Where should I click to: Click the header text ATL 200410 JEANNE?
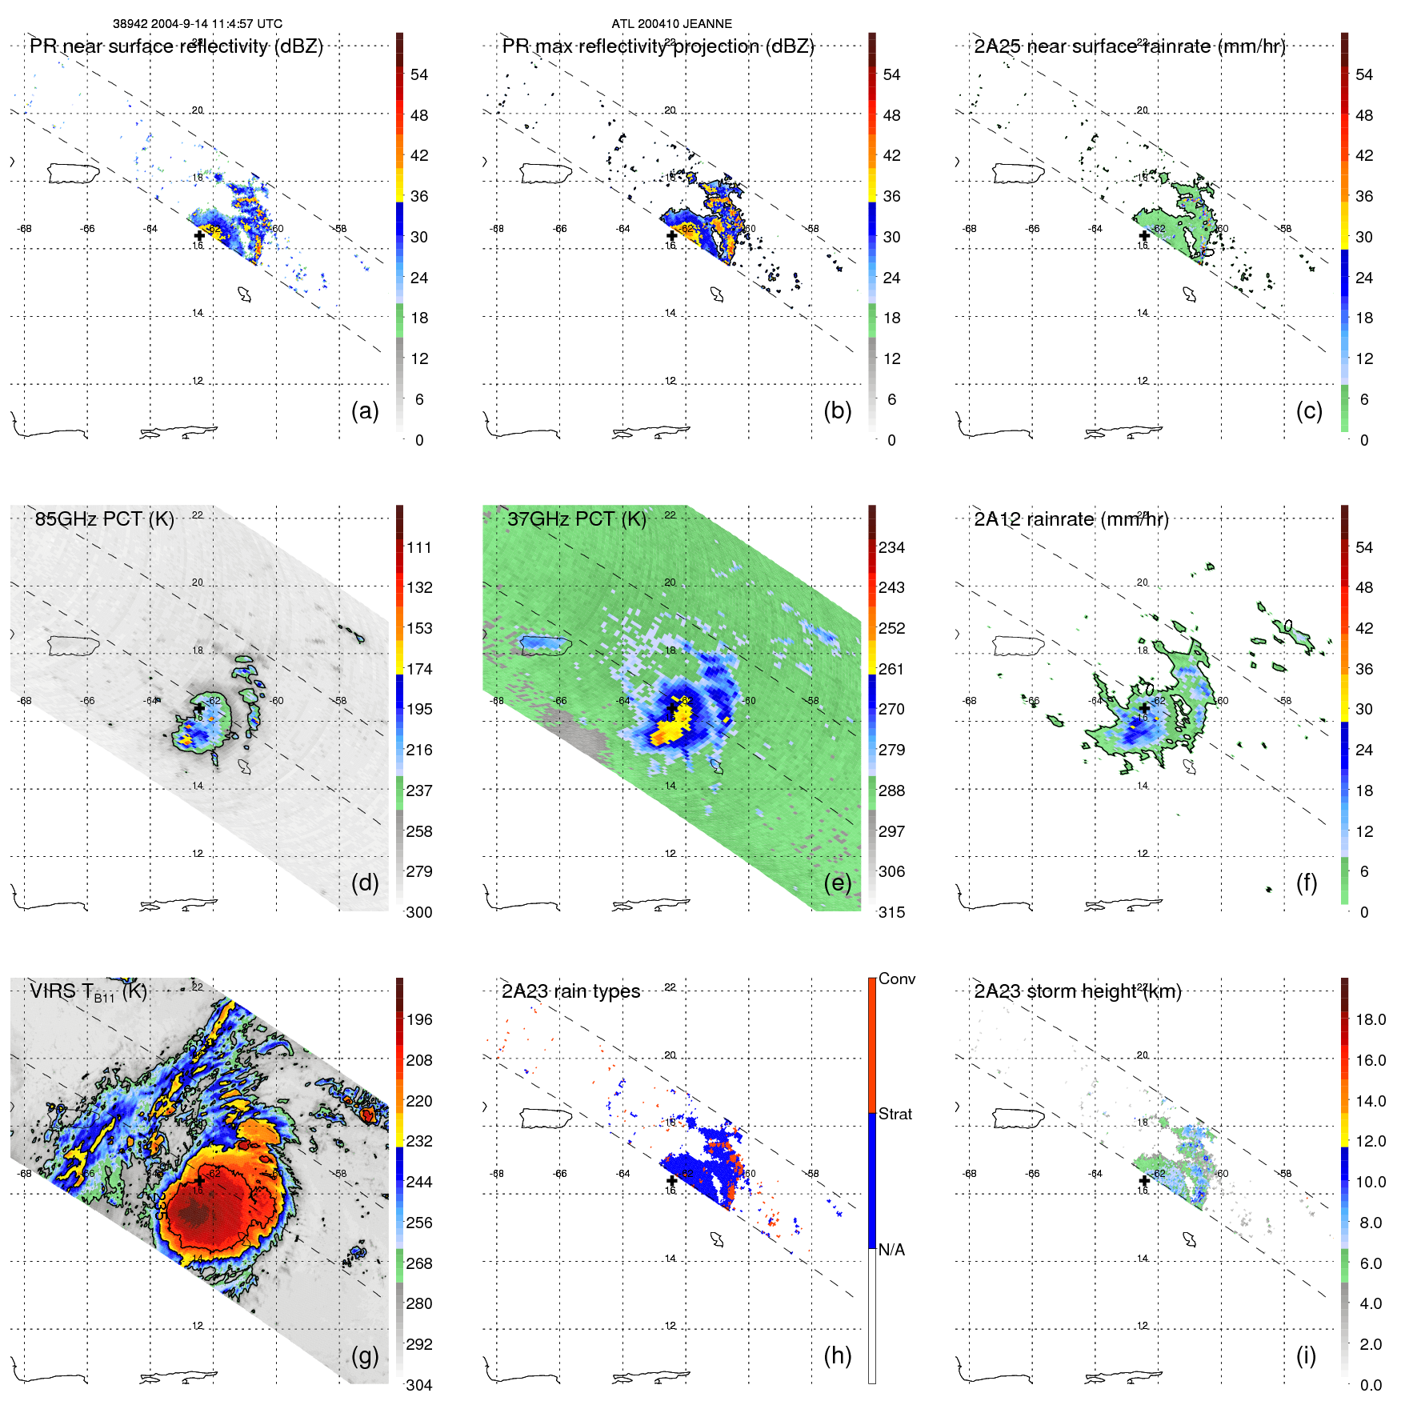(x=671, y=24)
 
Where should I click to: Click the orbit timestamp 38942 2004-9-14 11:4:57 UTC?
(x=197, y=24)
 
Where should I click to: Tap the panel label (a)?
(x=364, y=410)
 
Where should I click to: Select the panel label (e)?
(x=837, y=883)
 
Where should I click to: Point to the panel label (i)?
(x=1306, y=1355)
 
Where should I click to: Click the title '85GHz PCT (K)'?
(x=104, y=519)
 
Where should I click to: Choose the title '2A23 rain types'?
(x=570, y=991)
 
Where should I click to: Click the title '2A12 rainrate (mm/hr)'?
(x=1071, y=519)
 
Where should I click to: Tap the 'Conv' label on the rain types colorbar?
(x=896, y=979)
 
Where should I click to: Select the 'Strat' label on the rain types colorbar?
(x=895, y=1114)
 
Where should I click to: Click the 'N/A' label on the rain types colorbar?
(x=891, y=1250)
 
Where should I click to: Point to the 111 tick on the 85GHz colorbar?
(x=419, y=547)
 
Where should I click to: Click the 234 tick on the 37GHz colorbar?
(x=891, y=547)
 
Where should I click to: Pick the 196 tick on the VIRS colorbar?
(x=419, y=1019)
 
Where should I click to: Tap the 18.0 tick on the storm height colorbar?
(x=1370, y=1019)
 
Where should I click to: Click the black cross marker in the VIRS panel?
(x=199, y=1181)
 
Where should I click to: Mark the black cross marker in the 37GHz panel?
(x=671, y=709)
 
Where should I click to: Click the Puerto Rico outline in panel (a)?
(x=73, y=172)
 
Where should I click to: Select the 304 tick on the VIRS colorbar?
(x=419, y=1385)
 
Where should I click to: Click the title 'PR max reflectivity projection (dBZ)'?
(x=658, y=46)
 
